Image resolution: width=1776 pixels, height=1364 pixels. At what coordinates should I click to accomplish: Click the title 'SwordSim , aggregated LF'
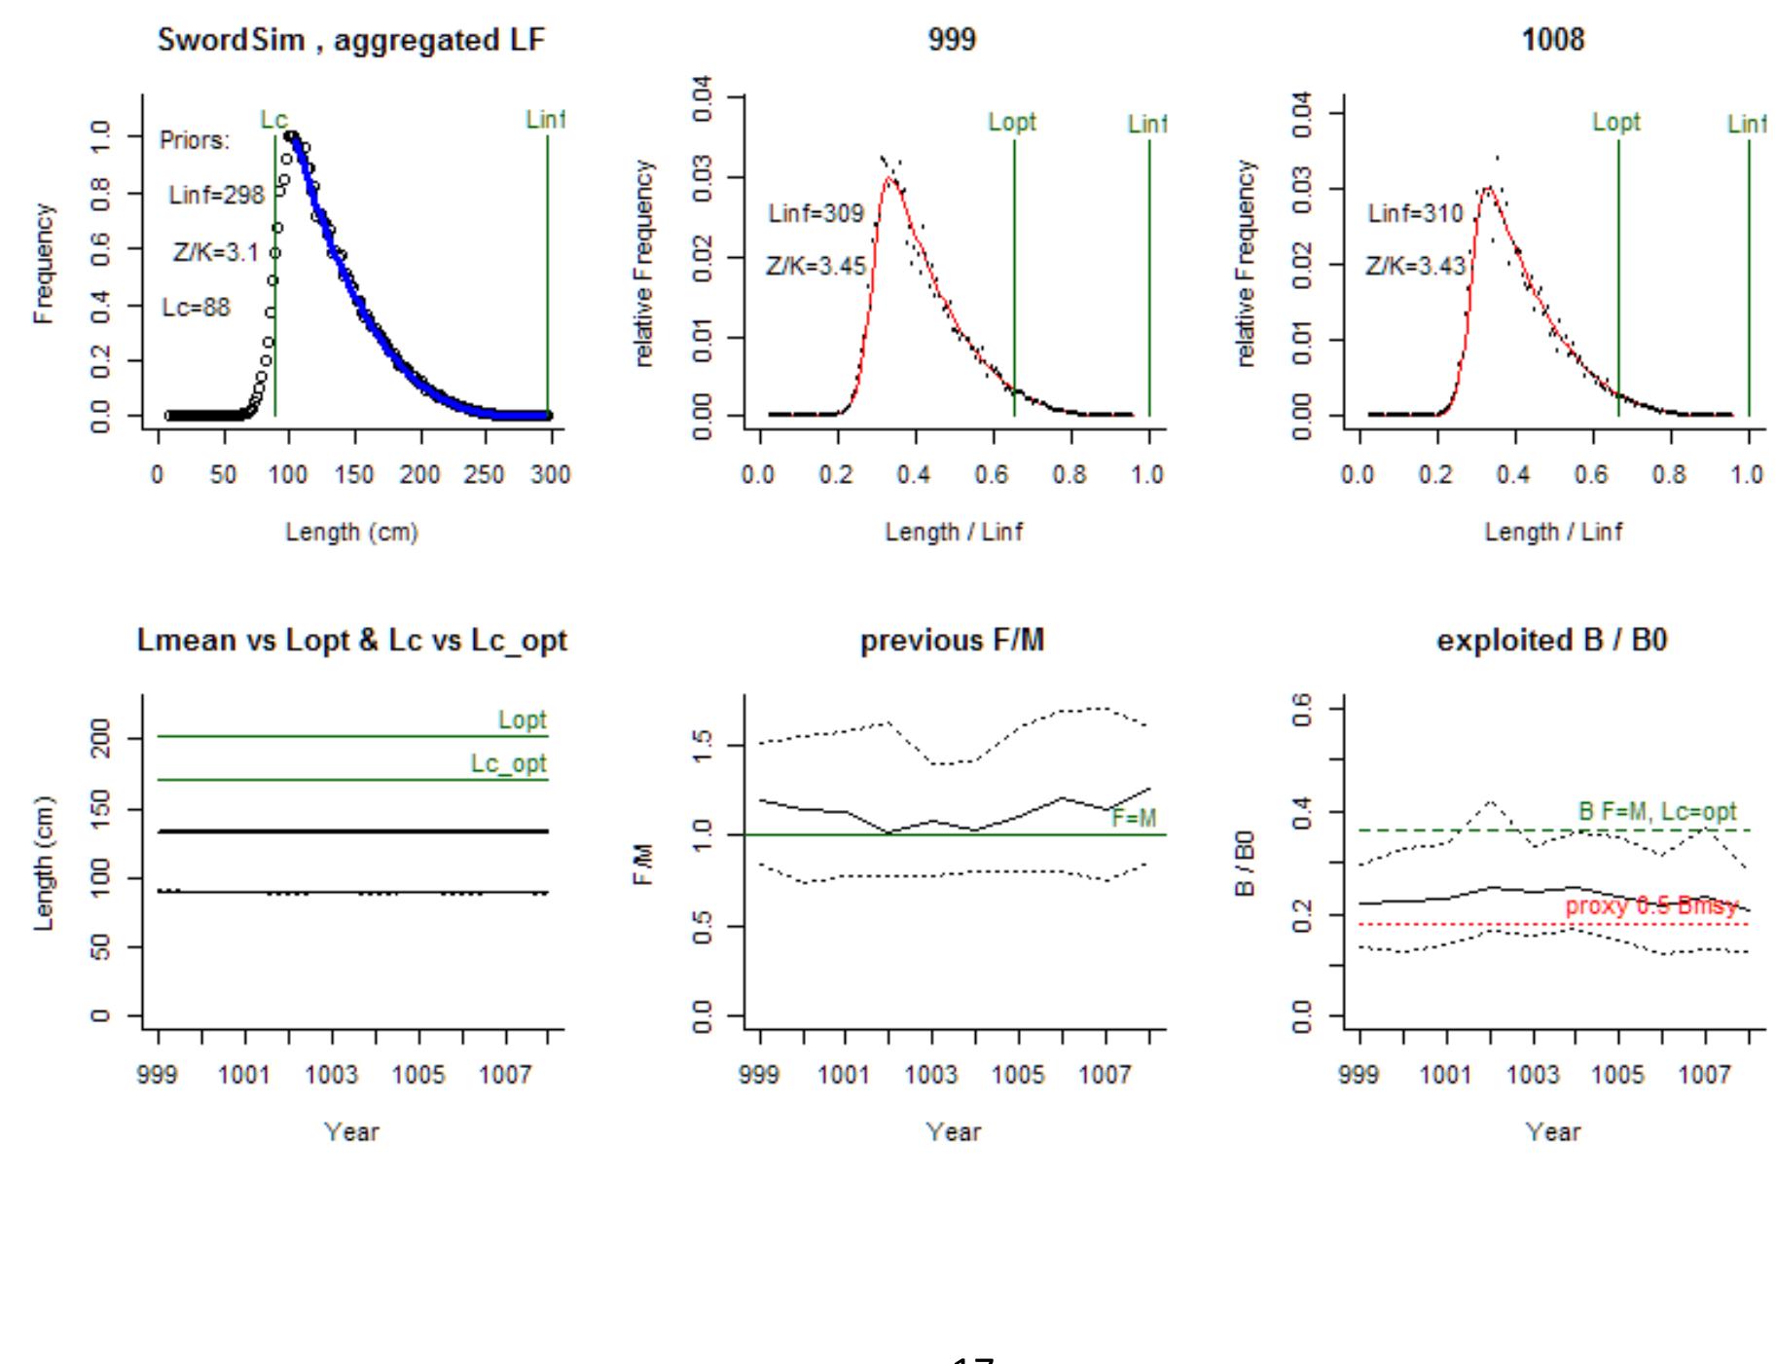pyautogui.click(x=351, y=41)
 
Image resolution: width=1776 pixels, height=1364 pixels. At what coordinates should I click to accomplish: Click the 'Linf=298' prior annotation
pyautogui.click(x=216, y=195)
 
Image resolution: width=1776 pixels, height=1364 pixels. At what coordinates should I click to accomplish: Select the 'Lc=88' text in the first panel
pyautogui.click(x=196, y=308)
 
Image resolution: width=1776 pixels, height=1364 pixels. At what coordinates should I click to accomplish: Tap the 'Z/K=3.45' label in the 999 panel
pyautogui.click(x=816, y=266)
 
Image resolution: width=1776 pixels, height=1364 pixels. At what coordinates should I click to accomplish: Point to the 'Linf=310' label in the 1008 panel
pyautogui.click(x=1415, y=213)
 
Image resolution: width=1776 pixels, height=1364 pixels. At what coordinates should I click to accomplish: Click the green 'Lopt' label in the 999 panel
pyautogui.click(x=1012, y=123)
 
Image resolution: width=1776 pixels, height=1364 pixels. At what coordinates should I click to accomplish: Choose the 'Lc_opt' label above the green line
pyautogui.click(x=508, y=764)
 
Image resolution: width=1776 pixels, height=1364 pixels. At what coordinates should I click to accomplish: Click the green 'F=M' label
pyautogui.click(x=1134, y=819)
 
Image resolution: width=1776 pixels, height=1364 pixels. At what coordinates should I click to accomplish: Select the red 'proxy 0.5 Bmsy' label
pyautogui.click(x=1650, y=906)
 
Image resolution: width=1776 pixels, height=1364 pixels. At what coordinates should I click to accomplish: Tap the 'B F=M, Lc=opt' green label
pyautogui.click(x=1656, y=812)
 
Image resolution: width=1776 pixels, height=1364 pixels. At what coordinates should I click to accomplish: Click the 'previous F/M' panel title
pyautogui.click(x=952, y=641)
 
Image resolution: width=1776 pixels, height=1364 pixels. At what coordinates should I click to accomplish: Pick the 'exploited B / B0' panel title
pyautogui.click(x=1552, y=641)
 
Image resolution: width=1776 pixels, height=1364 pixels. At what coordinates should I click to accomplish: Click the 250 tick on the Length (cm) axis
pyautogui.click(x=484, y=475)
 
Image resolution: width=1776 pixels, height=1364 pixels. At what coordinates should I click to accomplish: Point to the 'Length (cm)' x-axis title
pyautogui.click(x=351, y=533)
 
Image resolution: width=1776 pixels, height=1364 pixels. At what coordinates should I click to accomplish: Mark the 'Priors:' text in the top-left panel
pyautogui.click(x=195, y=141)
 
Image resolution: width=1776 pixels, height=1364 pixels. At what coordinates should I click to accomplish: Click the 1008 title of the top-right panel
pyautogui.click(x=1552, y=41)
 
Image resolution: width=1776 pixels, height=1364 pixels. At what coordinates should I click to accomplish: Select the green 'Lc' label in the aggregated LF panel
pyautogui.click(x=273, y=120)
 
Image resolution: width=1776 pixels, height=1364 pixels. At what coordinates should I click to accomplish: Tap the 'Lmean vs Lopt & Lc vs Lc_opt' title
pyautogui.click(x=351, y=641)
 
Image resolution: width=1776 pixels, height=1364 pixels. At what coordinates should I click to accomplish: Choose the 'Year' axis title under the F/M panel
pyautogui.click(x=953, y=1132)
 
